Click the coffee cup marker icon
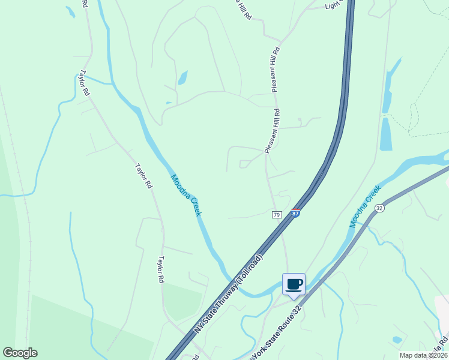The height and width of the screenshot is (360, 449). click(294, 284)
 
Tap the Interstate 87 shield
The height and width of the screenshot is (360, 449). click(295, 213)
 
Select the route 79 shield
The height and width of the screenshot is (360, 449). click(277, 214)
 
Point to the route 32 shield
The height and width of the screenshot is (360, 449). click(379, 208)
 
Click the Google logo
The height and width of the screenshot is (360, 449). click(20, 353)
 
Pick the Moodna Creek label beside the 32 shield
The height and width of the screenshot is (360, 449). click(366, 206)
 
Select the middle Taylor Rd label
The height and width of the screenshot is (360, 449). click(143, 176)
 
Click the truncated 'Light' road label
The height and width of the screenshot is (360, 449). click(333, 5)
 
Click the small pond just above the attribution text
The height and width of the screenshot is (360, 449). click(397, 340)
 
